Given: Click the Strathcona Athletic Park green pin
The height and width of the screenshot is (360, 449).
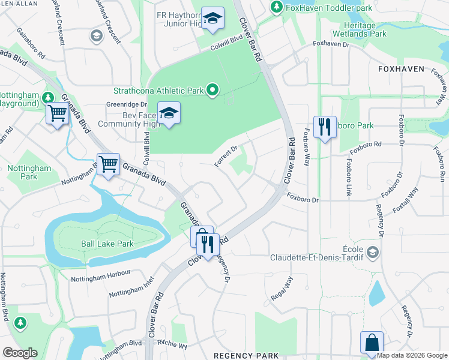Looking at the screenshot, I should point(212,91).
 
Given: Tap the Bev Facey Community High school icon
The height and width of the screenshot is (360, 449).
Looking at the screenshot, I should point(169,113).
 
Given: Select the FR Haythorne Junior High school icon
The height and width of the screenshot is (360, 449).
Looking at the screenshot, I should point(212,19).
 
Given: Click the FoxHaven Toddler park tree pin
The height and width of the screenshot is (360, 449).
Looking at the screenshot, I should point(276,7).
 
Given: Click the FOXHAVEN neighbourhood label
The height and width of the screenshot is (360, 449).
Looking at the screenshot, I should point(401,70).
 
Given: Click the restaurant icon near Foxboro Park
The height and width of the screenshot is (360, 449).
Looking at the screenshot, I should point(325,127).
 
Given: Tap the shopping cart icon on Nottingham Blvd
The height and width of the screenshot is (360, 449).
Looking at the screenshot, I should point(108,164).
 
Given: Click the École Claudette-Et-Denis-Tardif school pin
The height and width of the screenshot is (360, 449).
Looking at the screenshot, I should point(373,252).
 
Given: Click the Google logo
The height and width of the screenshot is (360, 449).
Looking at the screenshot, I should point(20,353).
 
